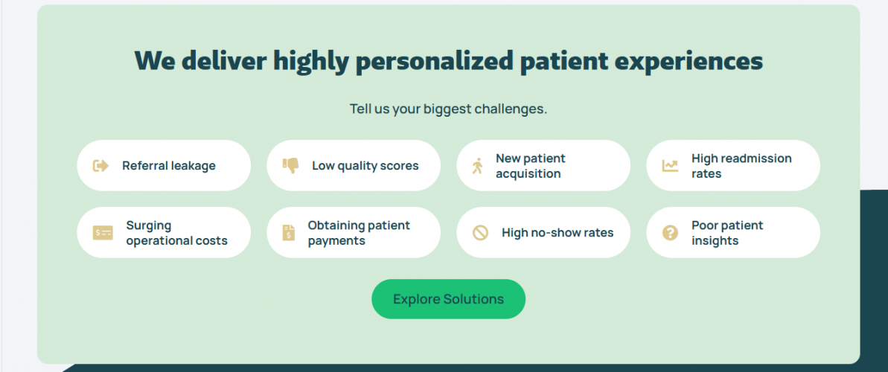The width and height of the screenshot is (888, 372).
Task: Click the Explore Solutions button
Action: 448,299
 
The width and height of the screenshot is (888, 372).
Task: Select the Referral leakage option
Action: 164,165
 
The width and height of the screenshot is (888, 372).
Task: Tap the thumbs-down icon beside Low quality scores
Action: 290,165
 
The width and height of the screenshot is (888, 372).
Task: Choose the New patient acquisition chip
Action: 543,165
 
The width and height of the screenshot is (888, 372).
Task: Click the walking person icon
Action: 478,165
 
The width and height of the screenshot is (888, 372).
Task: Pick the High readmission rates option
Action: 732,165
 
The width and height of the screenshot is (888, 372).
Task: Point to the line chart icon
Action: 670,165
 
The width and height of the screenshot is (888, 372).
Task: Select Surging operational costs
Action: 164,232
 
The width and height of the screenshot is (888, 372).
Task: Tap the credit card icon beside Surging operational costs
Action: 103,233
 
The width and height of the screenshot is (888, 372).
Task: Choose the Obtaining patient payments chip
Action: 354,232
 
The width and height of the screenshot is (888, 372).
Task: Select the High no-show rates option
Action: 543,232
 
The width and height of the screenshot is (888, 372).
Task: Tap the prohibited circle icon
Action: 480,233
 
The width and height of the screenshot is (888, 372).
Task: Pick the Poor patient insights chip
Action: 732,232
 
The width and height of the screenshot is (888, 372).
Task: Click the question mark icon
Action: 670,233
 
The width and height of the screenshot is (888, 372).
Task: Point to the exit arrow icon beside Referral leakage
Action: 100,165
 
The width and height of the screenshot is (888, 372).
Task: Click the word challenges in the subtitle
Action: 510,109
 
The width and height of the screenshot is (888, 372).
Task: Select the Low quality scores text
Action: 365,165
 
